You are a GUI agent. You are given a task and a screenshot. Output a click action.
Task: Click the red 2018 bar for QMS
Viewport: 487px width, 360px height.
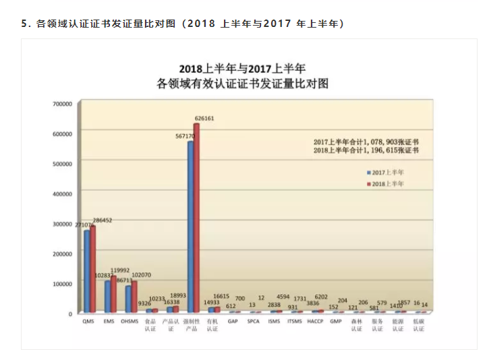(93, 270)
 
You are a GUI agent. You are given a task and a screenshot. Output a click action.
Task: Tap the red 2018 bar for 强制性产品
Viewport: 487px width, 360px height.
(197, 218)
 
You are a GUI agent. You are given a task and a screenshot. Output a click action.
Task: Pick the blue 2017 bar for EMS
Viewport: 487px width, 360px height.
(107, 297)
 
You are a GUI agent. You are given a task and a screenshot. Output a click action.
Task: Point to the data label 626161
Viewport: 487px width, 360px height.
(204, 118)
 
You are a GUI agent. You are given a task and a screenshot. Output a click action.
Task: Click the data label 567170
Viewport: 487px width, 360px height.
(185, 136)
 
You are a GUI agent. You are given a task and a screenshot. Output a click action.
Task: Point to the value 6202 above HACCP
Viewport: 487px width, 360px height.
(321, 297)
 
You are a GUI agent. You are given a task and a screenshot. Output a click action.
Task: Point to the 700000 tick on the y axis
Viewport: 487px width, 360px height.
(62, 104)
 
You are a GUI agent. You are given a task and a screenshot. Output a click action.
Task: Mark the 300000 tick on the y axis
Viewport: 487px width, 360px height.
(62, 224)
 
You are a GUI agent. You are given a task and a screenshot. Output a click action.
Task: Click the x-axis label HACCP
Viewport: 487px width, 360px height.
(316, 322)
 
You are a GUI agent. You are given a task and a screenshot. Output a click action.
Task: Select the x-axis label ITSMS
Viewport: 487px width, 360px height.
(295, 322)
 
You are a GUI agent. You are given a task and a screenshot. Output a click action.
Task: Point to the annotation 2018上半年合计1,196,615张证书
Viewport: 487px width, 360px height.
(366, 150)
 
